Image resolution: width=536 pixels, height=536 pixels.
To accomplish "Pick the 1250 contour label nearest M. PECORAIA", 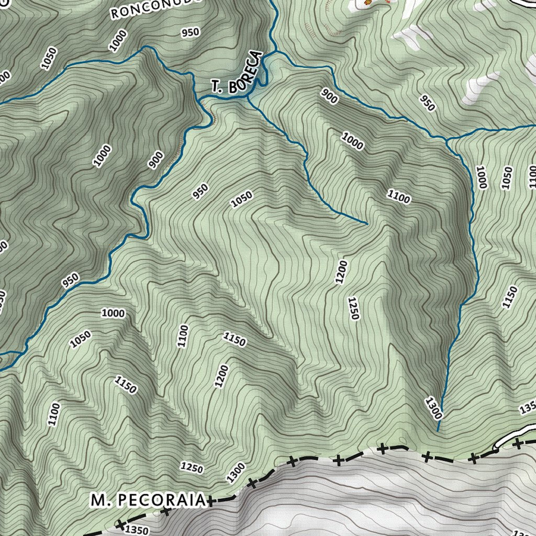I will click(x=191, y=467).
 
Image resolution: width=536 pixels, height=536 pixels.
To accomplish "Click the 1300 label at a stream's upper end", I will click(x=434, y=408).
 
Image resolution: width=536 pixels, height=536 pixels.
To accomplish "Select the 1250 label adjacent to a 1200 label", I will click(x=353, y=308).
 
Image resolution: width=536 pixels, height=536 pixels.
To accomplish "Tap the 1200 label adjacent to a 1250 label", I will click(x=341, y=272).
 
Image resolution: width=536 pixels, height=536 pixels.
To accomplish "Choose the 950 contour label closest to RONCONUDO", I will click(x=190, y=32).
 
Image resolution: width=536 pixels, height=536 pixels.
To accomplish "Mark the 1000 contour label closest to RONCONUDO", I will click(x=118, y=40).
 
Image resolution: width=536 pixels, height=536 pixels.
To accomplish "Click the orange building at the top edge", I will click(x=367, y=4).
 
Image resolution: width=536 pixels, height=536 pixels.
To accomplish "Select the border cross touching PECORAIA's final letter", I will click(x=210, y=502).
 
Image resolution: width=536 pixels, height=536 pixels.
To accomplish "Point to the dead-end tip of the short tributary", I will click(x=366, y=224).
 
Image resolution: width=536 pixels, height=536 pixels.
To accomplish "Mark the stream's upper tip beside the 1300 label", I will click(x=438, y=431).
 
